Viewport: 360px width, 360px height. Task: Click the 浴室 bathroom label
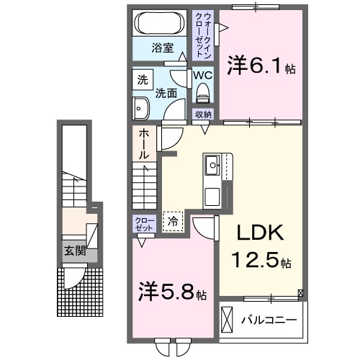(x=162, y=48)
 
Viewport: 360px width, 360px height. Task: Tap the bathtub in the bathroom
(x=161, y=21)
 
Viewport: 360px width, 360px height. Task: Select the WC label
(x=202, y=75)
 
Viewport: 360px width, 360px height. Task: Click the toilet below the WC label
(x=202, y=91)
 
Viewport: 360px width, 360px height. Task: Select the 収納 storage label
(x=203, y=114)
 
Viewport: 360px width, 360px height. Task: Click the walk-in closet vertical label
(x=204, y=35)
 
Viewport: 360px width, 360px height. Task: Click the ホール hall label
(x=144, y=144)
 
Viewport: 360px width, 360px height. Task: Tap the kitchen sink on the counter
(x=212, y=167)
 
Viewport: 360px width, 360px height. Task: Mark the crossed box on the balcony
(x=228, y=318)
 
